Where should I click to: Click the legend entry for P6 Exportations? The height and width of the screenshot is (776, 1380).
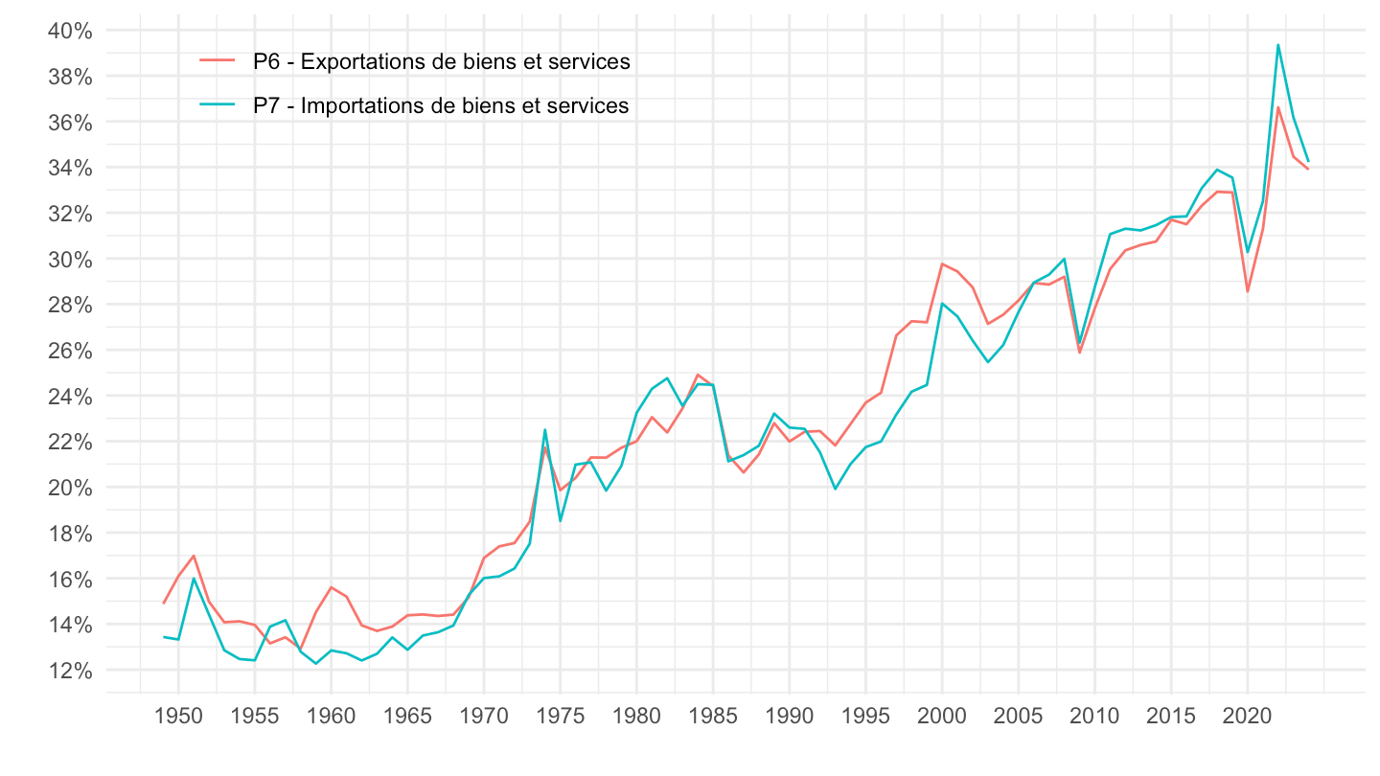(441, 61)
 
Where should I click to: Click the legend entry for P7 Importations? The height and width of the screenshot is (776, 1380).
(441, 105)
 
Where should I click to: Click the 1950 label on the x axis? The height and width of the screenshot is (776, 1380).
(178, 717)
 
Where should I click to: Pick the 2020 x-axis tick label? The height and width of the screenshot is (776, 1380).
(1248, 717)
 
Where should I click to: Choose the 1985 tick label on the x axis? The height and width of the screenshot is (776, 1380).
(713, 717)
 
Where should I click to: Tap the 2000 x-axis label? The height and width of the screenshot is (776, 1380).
(942, 717)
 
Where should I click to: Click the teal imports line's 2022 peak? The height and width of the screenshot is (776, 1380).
(1278, 44)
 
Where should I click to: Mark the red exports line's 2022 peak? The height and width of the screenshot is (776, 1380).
(1278, 106)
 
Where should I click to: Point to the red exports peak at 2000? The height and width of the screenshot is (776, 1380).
(942, 263)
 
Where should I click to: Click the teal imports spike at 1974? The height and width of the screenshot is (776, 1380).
(544, 429)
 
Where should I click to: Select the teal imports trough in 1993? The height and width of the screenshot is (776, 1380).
(835, 489)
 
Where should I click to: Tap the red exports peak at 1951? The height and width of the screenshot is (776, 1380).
(194, 556)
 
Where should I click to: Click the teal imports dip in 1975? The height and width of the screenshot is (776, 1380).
(560, 520)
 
